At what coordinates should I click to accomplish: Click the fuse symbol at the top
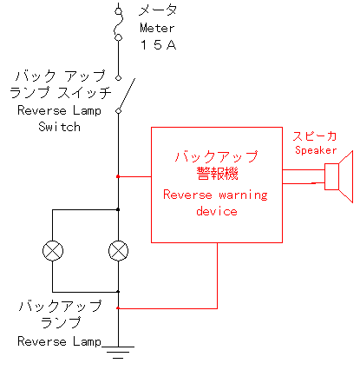[118, 24]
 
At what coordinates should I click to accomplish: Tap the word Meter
[157, 28]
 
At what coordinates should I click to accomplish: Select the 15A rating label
[158, 45]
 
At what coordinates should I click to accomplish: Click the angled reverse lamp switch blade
[127, 94]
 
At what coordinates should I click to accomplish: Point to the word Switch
[59, 127]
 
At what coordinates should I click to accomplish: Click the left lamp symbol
[53, 251]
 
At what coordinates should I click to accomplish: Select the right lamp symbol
[118, 251]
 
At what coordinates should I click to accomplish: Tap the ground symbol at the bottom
[118, 353]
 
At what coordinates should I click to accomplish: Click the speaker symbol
[338, 176]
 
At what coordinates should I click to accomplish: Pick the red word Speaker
[316, 150]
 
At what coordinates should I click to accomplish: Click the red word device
[217, 211]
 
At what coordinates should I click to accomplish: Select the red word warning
[243, 195]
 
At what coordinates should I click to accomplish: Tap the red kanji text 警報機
[217, 174]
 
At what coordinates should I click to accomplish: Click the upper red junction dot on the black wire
[118, 176]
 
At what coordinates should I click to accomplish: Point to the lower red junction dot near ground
[118, 308]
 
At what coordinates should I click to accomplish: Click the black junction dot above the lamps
[118, 209]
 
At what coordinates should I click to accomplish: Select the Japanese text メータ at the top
[158, 10]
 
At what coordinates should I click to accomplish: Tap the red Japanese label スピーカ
[315, 136]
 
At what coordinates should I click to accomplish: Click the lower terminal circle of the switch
[118, 111]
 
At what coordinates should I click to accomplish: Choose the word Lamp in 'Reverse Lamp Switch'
[87, 111]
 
